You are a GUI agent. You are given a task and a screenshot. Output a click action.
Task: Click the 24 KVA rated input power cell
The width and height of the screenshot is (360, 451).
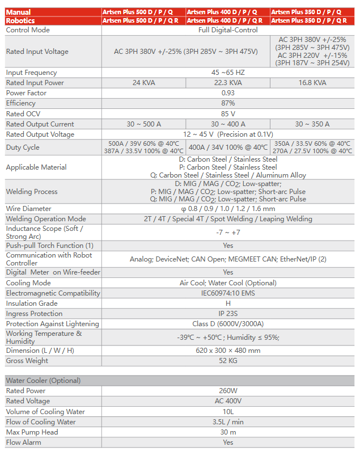[144, 83]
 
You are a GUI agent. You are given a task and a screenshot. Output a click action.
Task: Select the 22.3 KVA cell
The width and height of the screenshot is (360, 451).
[228, 83]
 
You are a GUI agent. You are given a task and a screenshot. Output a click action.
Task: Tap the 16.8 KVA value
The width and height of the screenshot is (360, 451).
[312, 83]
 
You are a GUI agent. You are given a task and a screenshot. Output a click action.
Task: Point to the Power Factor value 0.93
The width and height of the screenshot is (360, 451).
[228, 93]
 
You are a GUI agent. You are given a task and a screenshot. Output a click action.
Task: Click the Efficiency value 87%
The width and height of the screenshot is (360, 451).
[228, 103]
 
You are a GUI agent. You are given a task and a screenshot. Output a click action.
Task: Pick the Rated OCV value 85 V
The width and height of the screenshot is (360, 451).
[228, 113]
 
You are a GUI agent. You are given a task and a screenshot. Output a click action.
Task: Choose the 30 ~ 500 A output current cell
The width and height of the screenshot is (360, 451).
[144, 124]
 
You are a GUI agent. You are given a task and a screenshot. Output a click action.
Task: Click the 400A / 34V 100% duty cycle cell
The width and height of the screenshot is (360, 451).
[228, 147]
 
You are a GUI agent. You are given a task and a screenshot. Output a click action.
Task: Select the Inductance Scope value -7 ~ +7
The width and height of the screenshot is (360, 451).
[228, 233]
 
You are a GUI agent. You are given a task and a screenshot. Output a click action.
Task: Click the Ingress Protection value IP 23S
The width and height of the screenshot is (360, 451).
[228, 314]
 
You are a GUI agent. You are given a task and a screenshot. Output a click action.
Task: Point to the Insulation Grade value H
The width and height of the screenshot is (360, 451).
[228, 304]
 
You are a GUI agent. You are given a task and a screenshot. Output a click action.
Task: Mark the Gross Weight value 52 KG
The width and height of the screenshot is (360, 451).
[228, 361]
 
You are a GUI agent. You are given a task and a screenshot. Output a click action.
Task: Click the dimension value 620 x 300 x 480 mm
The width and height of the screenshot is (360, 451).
[228, 351]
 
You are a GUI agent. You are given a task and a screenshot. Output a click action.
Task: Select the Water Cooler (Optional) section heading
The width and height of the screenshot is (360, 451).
[43, 381]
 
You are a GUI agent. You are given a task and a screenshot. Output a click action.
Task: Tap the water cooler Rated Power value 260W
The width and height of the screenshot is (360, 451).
[228, 391]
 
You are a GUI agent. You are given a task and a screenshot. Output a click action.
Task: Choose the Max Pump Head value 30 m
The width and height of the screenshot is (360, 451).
[228, 432]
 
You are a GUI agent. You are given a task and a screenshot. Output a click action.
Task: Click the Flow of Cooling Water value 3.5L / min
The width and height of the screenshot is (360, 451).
[228, 422]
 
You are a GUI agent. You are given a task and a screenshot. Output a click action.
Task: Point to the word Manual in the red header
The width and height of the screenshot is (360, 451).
[19, 12]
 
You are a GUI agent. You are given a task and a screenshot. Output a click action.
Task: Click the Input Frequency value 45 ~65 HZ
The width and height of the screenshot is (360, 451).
[228, 73]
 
